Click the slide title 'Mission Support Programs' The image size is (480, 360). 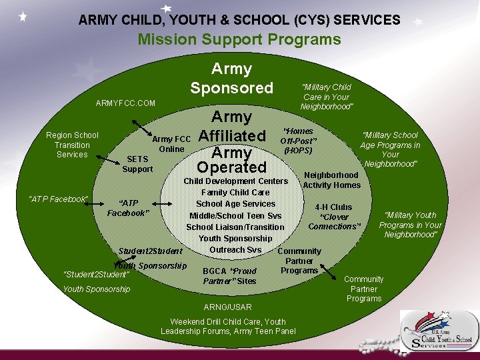coord(239,39)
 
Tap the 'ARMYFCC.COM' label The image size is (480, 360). coord(125,103)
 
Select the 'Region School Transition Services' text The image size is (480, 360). coord(72,145)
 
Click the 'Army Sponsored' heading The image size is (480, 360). coord(231,78)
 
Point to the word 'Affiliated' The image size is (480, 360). coord(232,135)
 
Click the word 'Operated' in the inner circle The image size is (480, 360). coord(231,167)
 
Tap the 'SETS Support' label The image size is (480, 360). coord(137,164)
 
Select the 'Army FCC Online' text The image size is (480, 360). coord(172,144)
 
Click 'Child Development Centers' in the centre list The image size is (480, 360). coord(235,181)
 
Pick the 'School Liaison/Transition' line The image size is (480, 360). coord(235,227)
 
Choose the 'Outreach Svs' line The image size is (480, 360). coord(235,250)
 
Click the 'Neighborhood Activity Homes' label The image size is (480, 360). coord(332,180)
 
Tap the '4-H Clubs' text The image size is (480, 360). coord(333,207)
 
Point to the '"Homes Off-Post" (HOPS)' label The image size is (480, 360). coord(297,141)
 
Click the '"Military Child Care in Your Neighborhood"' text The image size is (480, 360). coord(327,97)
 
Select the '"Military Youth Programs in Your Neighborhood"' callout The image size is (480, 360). coord(410,225)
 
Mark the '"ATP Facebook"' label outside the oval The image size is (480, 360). coord(58,199)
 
